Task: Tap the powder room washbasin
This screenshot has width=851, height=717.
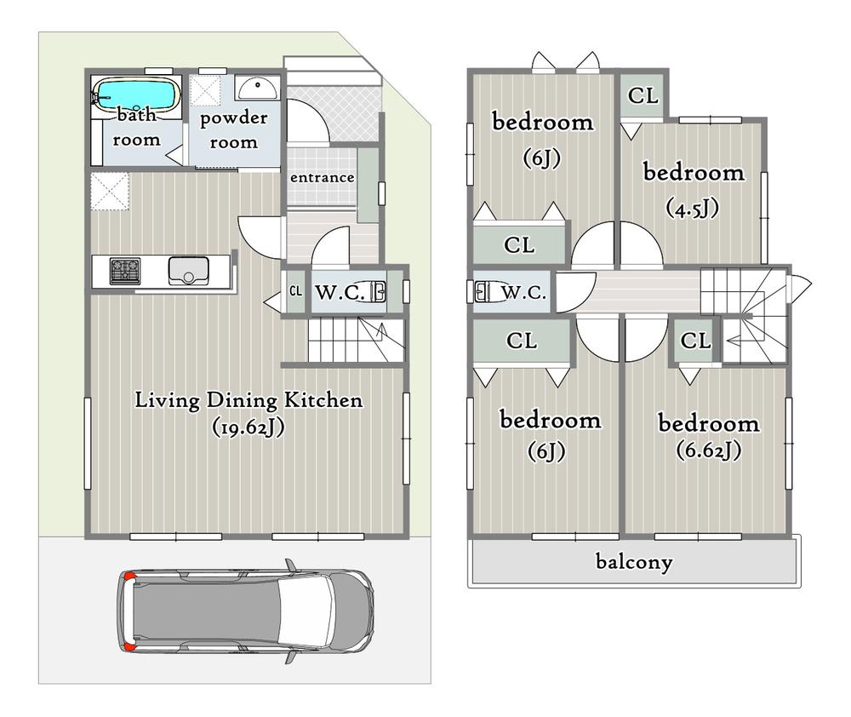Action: pos(257,88)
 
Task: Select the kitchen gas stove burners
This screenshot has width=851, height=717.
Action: pos(125,271)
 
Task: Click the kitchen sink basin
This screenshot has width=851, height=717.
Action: pos(188,271)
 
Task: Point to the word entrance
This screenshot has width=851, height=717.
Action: pos(322,178)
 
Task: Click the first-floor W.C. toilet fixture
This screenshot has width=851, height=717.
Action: pos(378,292)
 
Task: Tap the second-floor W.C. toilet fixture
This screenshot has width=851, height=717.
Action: pos(483,292)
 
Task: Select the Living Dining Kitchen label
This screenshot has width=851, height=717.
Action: pos(248,401)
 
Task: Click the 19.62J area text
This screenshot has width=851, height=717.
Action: pos(248,427)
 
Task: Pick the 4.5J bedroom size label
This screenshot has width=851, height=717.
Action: pos(693,208)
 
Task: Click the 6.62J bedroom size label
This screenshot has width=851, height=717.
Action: pos(709,450)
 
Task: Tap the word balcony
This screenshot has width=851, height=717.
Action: pos(634,561)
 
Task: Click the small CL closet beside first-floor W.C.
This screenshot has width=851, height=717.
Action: pos(296,291)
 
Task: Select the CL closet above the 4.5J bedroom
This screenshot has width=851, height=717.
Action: pos(643,95)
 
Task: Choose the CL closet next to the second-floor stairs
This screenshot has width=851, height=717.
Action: pos(695,341)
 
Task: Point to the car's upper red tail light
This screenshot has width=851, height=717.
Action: pos(129,576)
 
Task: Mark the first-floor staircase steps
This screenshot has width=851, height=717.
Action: pos(357,340)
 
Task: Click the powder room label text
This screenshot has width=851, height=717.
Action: pos(233,129)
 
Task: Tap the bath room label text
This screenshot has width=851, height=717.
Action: pos(136,128)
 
